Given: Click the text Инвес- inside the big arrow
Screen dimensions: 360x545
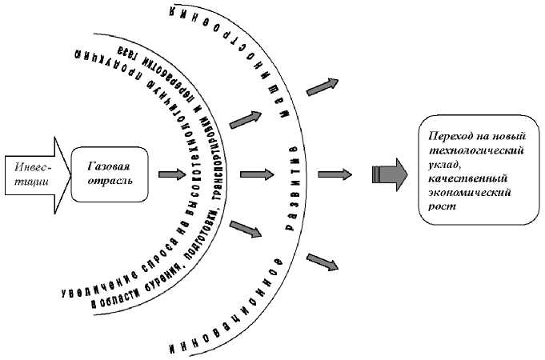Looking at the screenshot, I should [x=30, y=166].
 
